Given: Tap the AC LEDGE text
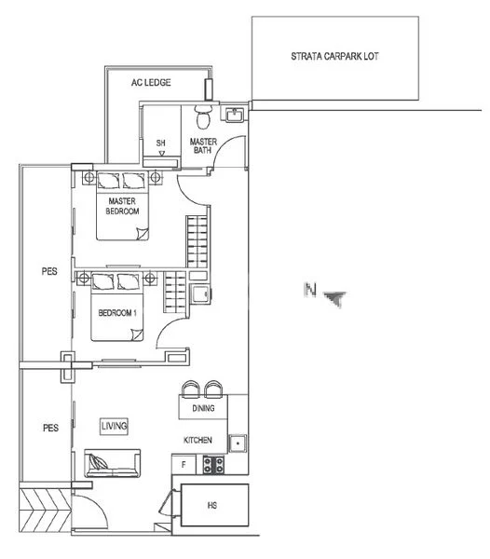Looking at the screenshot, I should (x=151, y=83).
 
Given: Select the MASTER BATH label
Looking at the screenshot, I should (x=204, y=145).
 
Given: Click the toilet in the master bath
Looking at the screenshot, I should (x=202, y=116).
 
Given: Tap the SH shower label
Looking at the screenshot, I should (x=161, y=143).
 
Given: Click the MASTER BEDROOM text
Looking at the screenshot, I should (x=124, y=207).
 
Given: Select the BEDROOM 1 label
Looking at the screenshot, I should (x=118, y=312).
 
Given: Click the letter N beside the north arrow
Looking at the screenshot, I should (x=309, y=291).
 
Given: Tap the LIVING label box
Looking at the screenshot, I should (x=115, y=426).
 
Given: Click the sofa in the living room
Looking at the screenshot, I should (x=112, y=463).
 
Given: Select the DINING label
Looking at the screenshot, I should (x=203, y=408).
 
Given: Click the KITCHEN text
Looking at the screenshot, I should (x=198, y=440).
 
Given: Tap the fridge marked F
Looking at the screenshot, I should (x=184, y=463).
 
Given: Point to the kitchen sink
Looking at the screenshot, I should (x=238, y=444).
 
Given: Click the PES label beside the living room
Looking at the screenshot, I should (x=50, y=429).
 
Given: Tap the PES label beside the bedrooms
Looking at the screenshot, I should (x=49, y=273).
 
